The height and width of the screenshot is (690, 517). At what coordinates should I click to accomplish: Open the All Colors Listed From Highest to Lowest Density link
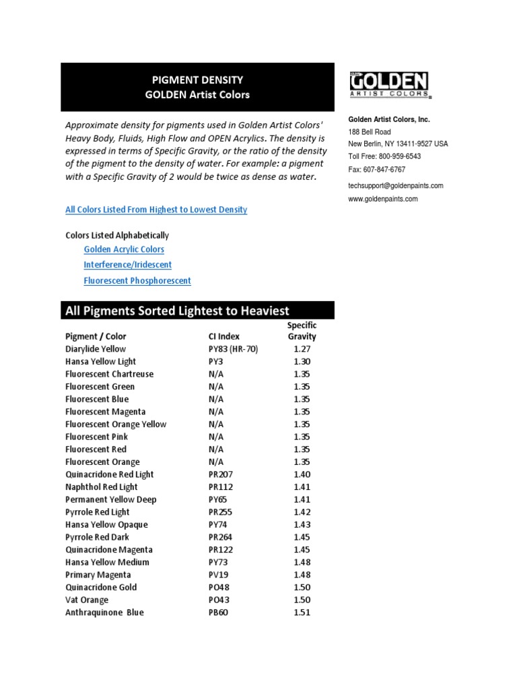click(x=156, y=210)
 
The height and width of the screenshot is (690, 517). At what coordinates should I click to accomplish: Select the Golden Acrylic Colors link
click(x=124, y=249)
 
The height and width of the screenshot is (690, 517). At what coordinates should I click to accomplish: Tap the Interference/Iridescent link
click(x=127, y=265)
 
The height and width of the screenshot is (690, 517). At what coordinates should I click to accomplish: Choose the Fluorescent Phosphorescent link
click(x=137, y=280)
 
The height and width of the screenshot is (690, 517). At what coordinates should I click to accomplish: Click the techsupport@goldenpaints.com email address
click(x=396, y=185)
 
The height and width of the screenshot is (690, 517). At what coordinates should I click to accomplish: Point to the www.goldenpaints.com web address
click(x=383, y=199)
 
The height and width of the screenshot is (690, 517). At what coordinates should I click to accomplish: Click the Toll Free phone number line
click(x=384, y=156)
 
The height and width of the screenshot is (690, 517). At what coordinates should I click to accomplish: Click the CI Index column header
click(x=224, y=336)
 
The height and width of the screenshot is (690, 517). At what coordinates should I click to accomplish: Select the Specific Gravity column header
click(x=302, y=331)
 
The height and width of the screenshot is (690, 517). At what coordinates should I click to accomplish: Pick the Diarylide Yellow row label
click(x=96, y=349)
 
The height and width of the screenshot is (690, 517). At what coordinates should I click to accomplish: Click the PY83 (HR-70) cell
click(x=233, y=349)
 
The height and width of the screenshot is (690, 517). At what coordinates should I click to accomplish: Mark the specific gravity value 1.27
click(x=302, y=349)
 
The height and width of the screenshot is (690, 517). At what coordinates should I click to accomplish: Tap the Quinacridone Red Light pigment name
click(x=110, y=474)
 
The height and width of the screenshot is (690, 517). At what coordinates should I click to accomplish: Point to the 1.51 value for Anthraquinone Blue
click(x=302, y=613)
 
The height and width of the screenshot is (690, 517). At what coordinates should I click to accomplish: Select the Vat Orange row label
click(x=87, y=600)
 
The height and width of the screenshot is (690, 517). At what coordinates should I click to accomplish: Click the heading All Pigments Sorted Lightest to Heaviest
click(x=178, y=311)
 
